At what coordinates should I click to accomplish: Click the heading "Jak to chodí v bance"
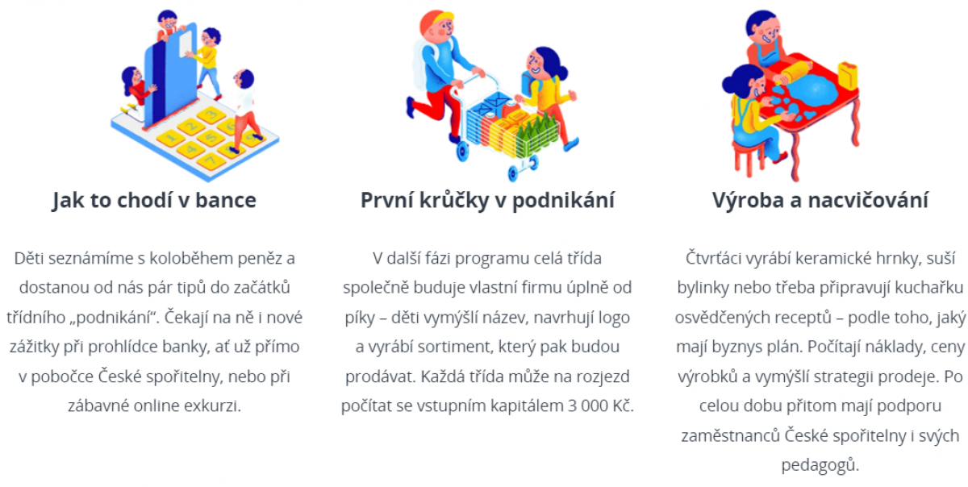tap(154, 201)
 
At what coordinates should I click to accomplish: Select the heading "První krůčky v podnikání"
tap(487, 201)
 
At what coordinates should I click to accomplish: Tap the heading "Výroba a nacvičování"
tap(820, 201)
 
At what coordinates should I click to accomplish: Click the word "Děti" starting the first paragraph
tap(29, 258)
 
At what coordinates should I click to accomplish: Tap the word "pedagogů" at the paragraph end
tap(820, 465)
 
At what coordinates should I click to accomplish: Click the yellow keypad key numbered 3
tap(211, 115)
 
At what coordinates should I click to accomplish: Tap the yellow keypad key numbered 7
tap(211, 161)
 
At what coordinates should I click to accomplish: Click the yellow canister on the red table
tap(848, 75)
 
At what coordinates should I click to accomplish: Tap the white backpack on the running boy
tap(423, 64)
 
